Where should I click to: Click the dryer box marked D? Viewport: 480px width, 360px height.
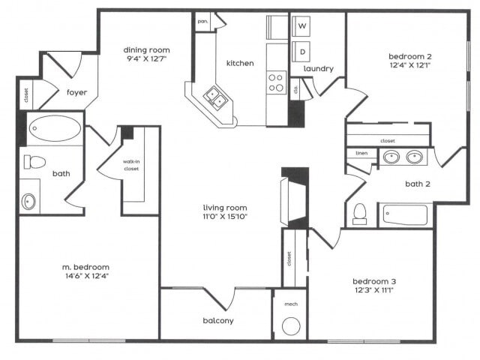(x=303, y=52)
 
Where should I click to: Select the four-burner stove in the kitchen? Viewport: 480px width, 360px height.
(x=277, y=82)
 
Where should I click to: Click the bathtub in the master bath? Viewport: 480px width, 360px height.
(x=55, y=130)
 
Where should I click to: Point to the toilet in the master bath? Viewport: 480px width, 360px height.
(x=34, y=162)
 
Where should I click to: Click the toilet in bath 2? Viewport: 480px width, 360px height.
(x=359, y=213)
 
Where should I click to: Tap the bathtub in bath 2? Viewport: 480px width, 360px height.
(x=404, y=215)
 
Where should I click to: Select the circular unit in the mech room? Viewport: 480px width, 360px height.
(x=290, y=325)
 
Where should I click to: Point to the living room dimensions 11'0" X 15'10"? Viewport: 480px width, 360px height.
(x=225, y=217)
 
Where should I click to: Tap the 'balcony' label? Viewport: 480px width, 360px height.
(x=217, y=321)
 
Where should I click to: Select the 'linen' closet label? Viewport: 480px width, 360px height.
(x=361, y=154)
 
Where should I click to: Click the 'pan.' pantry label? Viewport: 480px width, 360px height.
(x=202, y=21)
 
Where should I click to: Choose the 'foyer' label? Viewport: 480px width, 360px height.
(x=76, y=92)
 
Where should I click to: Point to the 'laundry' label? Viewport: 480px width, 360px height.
(x=318, y=69)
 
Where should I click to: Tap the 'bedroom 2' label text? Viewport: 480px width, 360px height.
(x=409, y=56)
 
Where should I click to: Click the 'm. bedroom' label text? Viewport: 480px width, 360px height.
(x=85, y=266)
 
